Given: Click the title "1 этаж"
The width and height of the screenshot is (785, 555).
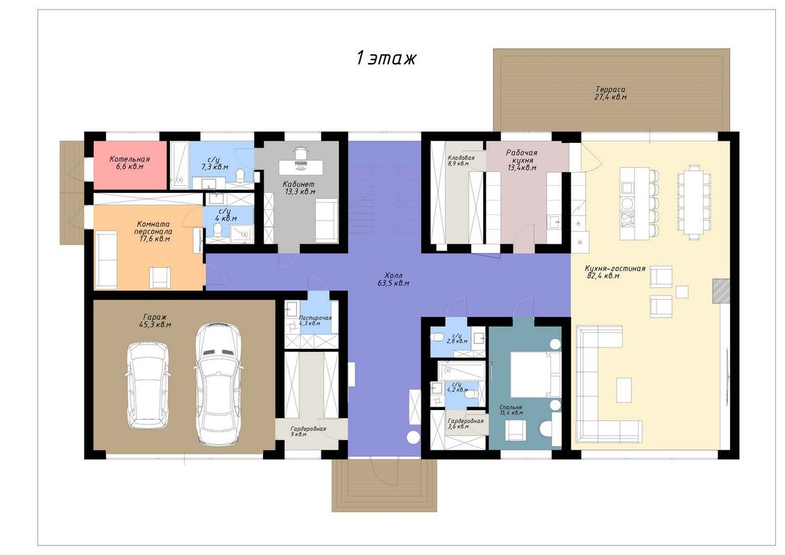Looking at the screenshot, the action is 386,58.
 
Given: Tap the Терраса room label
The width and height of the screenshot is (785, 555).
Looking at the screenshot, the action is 610,92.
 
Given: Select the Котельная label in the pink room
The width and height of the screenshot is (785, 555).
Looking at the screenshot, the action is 130,162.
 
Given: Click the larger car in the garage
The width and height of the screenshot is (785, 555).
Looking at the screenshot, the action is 217,384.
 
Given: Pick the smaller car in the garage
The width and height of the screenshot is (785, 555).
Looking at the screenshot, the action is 147,385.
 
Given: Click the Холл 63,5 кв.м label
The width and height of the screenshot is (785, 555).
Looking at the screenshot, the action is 394,280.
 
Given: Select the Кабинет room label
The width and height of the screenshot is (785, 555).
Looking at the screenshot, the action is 299,187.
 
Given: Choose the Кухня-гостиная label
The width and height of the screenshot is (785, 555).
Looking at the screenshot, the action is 615,272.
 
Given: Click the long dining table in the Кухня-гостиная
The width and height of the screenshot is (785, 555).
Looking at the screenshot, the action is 694,200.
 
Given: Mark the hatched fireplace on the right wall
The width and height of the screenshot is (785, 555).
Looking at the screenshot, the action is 721,291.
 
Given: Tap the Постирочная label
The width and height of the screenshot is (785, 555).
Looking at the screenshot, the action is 315,321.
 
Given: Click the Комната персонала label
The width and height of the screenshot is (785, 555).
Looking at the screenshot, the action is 153,231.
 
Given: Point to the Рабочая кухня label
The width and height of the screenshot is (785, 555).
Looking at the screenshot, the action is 522,160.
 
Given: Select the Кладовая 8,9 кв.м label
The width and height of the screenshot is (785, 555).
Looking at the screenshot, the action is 461,160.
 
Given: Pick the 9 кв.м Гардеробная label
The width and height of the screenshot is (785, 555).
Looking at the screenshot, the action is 308,432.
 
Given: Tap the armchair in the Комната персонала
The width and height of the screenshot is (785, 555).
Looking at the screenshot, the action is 160,278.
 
